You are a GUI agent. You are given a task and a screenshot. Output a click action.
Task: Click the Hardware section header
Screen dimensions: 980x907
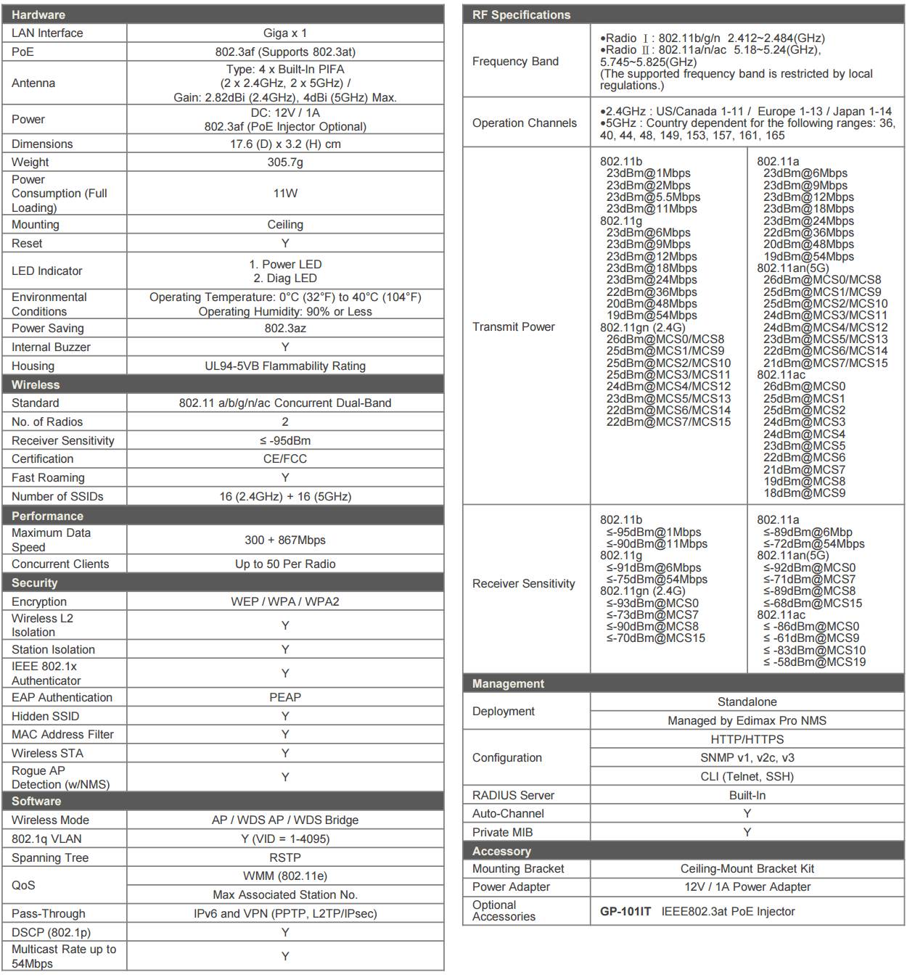tap(38, 15)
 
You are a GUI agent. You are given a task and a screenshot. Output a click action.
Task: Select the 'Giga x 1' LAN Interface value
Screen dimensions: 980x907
tap(285, 33)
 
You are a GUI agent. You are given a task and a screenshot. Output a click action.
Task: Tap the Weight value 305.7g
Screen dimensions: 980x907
tap(285, 162)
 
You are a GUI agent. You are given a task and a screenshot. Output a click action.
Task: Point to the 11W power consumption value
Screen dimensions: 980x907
tap(285, 194)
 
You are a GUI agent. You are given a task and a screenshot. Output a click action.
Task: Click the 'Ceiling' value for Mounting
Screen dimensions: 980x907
tap(285, 225)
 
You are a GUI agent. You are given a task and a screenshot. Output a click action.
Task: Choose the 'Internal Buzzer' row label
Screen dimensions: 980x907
tap(51, 347)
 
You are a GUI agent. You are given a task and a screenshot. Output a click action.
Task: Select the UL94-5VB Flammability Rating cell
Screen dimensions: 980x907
tap(285, 366)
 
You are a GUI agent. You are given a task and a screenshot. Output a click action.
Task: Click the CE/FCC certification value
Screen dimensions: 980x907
tap(285, 459)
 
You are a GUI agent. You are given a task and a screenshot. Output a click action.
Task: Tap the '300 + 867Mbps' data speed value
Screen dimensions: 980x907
tap(285, 540)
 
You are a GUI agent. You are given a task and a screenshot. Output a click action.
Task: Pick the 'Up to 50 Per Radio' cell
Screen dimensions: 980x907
tap(285, 564)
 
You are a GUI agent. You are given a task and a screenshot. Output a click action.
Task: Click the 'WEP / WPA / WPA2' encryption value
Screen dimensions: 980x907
tap(285, 602)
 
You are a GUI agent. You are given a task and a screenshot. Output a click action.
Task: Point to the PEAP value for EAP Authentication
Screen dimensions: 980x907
tap(285, 698)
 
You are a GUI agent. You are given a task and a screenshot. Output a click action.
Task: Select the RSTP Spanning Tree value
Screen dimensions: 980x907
tap(285, 858)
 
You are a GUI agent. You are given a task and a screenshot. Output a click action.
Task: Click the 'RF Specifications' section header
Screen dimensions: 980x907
tap(521, 15)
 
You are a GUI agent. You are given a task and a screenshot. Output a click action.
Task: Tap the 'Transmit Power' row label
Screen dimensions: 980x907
tap(514, 327)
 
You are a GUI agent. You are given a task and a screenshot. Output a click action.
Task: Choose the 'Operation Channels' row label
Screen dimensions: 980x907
tap(525, 123)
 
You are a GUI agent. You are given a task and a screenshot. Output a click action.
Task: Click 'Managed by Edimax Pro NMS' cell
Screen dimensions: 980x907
tap(747, 721)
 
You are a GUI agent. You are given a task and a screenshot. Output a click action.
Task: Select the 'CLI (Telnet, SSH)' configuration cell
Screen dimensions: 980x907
tap(747, 777)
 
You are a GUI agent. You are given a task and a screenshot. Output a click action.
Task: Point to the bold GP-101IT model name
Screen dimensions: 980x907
tap(625, 912)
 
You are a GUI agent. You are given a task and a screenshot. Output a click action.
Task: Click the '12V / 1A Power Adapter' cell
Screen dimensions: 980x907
tap(747, 887)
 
